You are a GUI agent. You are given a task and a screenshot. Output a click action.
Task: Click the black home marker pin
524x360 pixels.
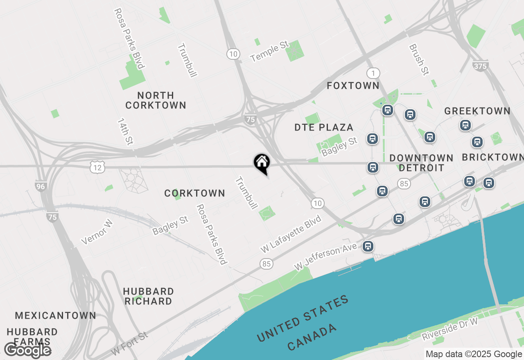(x=262, y=163)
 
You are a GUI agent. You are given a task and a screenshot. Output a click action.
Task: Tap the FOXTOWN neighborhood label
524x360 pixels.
(x=353, y=85)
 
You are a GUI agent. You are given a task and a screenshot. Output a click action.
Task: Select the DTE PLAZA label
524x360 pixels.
(x=324, y=128)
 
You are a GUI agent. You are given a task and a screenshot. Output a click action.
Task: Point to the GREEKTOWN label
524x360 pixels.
(x=477, y=111)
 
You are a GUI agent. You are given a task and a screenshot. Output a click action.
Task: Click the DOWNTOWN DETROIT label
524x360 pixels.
(x=421, y=163)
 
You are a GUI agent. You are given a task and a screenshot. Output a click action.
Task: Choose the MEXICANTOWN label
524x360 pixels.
(x=56, y=315)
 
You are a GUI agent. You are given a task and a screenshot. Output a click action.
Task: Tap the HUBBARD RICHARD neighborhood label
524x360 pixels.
(x=148, y=296)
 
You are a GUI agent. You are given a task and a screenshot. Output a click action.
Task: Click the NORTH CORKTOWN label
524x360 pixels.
(x=156, y=100)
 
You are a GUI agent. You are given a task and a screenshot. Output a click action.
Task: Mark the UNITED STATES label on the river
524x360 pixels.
(x=303, y=319)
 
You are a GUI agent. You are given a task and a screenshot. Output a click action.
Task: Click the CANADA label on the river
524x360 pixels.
(x=312, y=337)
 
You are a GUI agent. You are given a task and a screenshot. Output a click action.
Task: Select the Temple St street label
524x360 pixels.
(x=270, y=52)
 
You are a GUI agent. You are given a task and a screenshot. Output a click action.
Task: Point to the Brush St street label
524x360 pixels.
(x=418, y=60)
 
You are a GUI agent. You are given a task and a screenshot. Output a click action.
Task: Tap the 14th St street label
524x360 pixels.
(x=125, y=131)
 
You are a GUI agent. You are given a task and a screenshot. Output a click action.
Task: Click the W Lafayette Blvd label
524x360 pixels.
(x=291, y=234)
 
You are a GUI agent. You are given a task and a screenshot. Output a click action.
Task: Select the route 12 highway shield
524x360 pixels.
(x=97, y=166)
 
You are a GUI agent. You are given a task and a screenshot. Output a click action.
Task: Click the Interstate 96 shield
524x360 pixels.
(x=41, y=187)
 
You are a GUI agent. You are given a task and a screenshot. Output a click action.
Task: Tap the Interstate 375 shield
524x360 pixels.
(x=480, y=65)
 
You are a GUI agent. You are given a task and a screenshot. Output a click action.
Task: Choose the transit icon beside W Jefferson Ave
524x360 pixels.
(x=368, y=246)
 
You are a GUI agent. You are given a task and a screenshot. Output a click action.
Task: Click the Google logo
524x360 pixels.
(x=28, y=350)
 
